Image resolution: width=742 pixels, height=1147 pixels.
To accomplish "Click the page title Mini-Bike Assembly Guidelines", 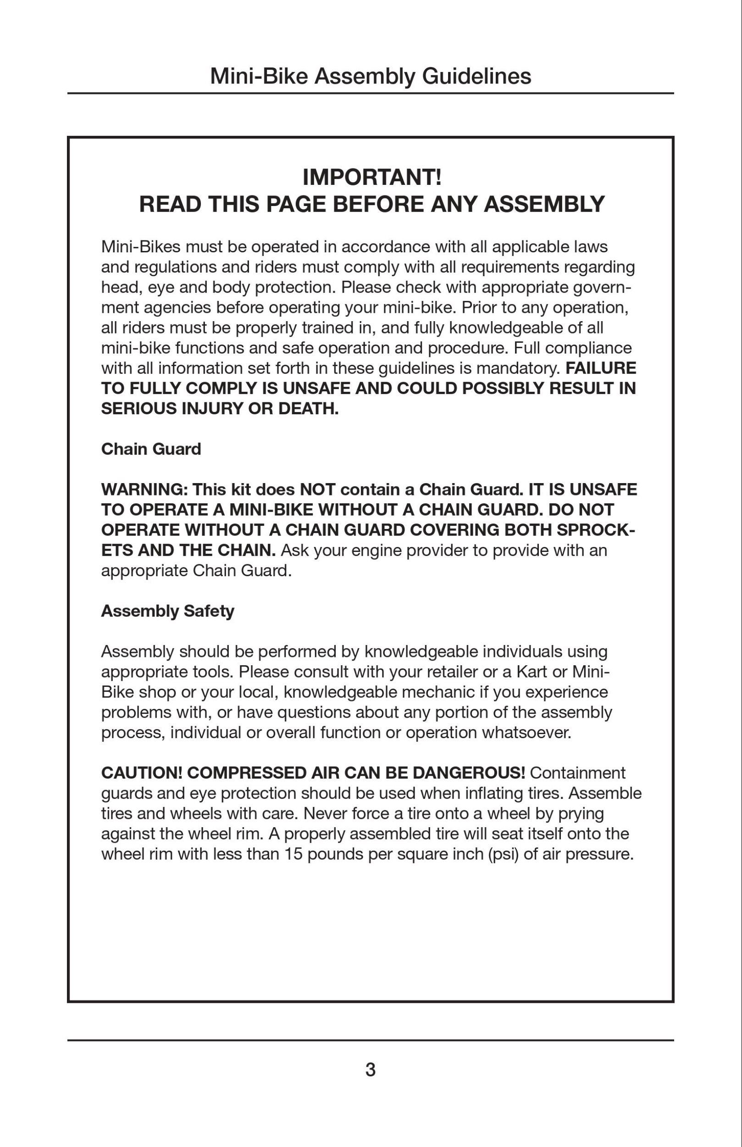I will click(371, 76).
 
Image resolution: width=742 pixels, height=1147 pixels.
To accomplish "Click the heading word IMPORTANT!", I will click(372, 178).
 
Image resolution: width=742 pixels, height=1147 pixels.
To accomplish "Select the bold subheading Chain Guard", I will click(151, 449).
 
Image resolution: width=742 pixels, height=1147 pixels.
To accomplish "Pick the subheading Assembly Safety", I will click(168, 611).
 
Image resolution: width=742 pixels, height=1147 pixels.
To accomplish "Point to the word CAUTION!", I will click(142, 773).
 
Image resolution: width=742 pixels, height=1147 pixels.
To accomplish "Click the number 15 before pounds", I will click(293, 854).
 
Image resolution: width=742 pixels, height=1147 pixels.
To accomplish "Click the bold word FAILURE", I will click(601, 368).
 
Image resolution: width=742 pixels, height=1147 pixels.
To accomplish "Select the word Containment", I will click(577, 773).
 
